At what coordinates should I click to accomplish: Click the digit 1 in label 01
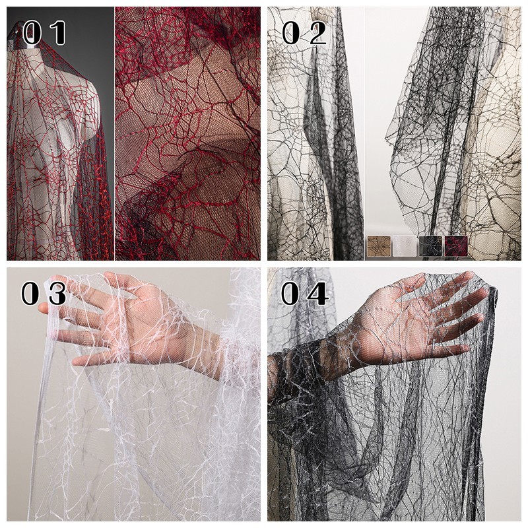click(x=57, y=32)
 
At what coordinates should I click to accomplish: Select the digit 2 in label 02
click(x=317, y=32)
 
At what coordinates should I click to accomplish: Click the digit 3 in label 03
click(x=57, y=294)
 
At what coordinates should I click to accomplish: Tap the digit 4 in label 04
click(x=318, y=294)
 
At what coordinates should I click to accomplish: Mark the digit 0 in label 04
click(x=291, y=294)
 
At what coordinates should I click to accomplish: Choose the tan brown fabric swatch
click(x=378, y=246)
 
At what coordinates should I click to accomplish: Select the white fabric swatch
click(x=405, y=246)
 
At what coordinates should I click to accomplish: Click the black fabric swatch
click(x=430, y=246)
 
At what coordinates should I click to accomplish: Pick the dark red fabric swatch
click(x=456, y=246)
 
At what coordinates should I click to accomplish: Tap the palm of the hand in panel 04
click(x=397, y=323)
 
